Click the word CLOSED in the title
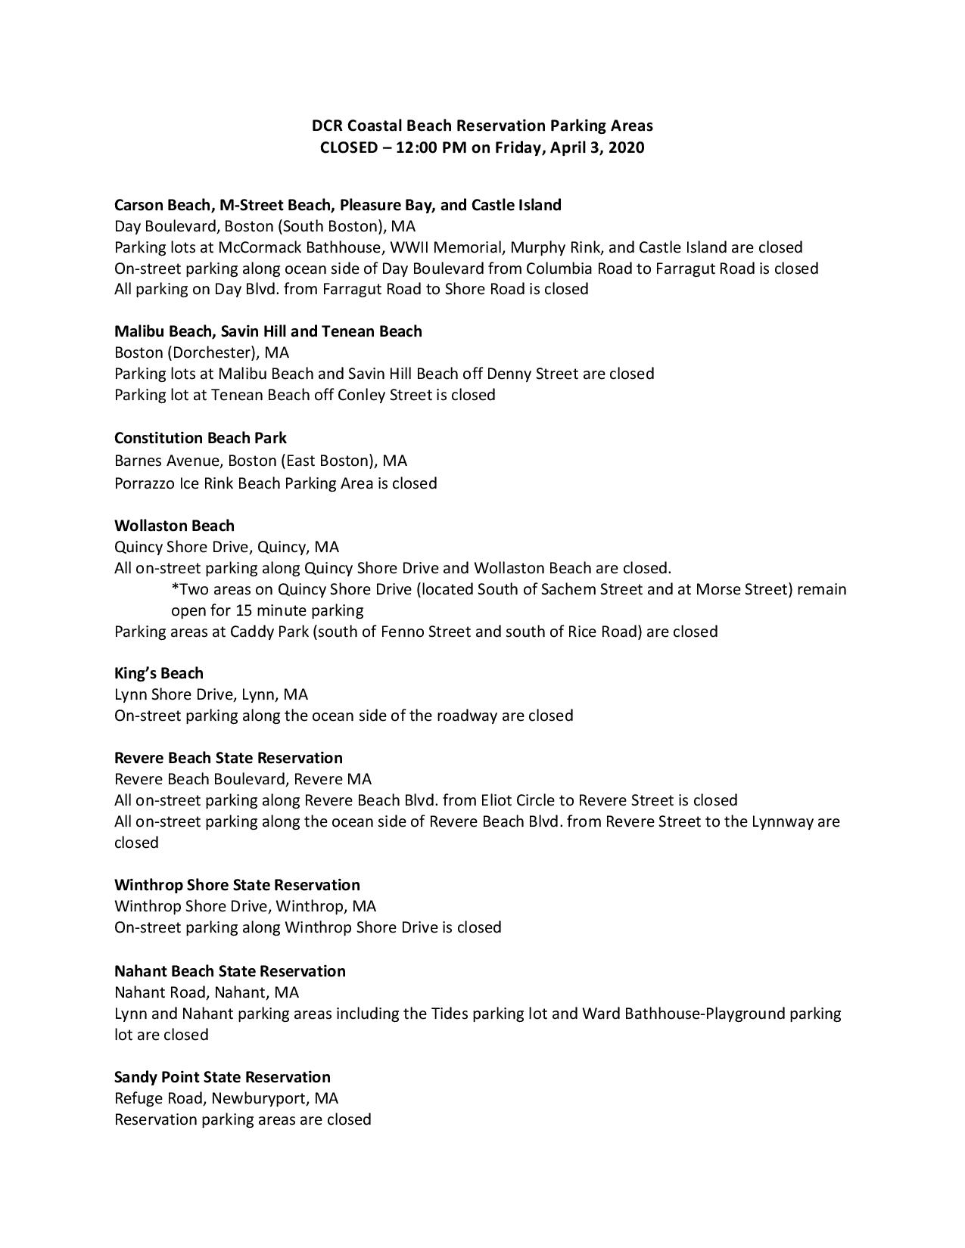coord(348,147)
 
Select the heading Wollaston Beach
coord(174,526)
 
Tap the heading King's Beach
coord(159,673)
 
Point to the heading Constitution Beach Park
coord(201,438)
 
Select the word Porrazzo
coord(145,483)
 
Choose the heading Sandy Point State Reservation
coord(223,1077)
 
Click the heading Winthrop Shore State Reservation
coord(237,885)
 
